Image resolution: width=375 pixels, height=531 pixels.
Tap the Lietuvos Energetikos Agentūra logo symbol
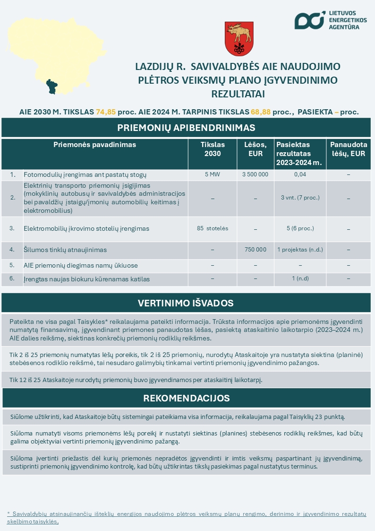309,20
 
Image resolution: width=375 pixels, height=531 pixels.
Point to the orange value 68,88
261,113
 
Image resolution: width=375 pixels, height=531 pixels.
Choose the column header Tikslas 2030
213,149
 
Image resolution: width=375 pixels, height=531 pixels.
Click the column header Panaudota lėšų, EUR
348,149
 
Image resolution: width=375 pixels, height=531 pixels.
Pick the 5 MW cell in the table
213,174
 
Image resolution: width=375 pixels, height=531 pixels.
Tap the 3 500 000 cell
255,174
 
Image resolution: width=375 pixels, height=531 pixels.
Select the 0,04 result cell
300,174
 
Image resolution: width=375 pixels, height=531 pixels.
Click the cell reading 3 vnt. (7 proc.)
300,198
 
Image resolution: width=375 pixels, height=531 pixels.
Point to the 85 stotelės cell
213,228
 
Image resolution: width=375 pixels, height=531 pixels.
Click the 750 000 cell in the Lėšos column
255,249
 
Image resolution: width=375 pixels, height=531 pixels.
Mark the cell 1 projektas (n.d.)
300,249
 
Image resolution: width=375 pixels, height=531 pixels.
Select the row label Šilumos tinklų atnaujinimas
65,250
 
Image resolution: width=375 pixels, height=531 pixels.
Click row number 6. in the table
12,279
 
